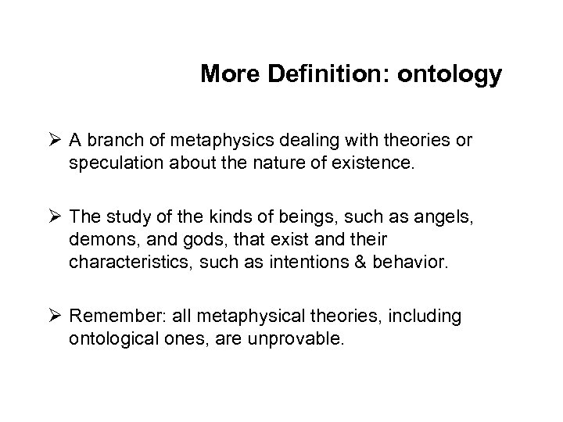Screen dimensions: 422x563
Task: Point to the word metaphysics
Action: click(x=211, y=141)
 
